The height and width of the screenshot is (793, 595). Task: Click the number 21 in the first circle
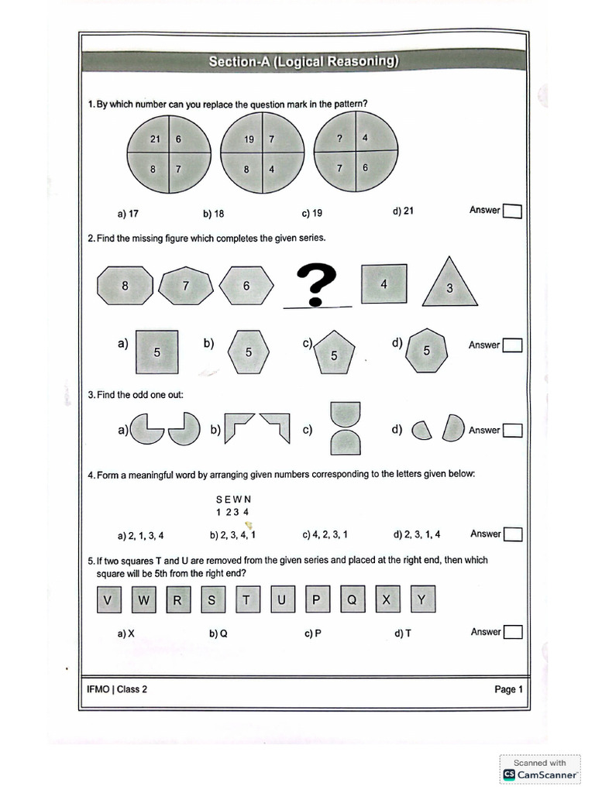point(155,139)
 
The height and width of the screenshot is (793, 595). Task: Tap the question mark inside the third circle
point(339,139)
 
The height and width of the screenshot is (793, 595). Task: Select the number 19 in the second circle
point(249,140)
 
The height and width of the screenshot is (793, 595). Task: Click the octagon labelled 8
point(125,286)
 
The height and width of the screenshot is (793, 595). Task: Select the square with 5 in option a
point(156,352)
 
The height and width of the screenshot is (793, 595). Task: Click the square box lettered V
point(108,600)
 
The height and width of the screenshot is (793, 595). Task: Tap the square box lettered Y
point(421,600)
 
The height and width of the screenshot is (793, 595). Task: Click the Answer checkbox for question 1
point(512,211)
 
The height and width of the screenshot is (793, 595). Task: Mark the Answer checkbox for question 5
point(512,633)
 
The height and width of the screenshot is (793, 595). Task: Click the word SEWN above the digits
point(233,499)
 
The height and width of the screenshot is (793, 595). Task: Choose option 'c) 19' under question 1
point(312,213)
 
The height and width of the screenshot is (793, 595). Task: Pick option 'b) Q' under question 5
point(218,633)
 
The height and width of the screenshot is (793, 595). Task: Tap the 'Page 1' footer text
point(509,689)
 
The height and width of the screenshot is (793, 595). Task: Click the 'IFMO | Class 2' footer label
point(117,689)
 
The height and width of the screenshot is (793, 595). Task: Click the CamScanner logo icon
point(509,774)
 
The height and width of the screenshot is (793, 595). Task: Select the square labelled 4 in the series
point(383,285)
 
